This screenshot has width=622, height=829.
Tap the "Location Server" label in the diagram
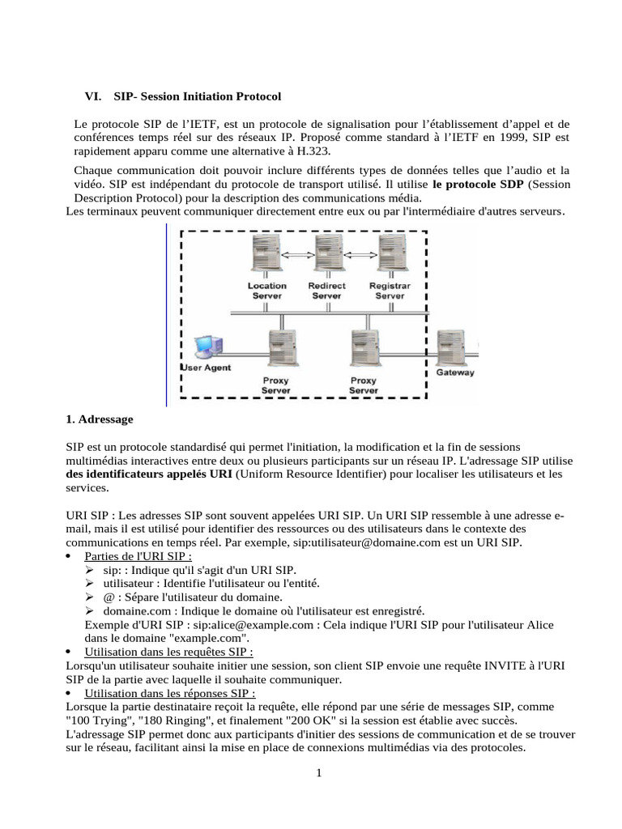coord(266,291)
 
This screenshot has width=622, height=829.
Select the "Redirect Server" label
coord(327,291)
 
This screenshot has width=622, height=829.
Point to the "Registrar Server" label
coord(390,291)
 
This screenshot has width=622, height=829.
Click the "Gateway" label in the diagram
coord(456,373)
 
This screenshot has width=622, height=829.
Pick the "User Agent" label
coord(206,368)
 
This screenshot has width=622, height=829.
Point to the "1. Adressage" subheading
coord(99,419)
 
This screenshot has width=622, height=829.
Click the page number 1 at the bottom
coord(319,773)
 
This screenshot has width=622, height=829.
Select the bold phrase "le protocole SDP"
coord(478,185)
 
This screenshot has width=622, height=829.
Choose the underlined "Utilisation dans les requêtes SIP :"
coord(168,652)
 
